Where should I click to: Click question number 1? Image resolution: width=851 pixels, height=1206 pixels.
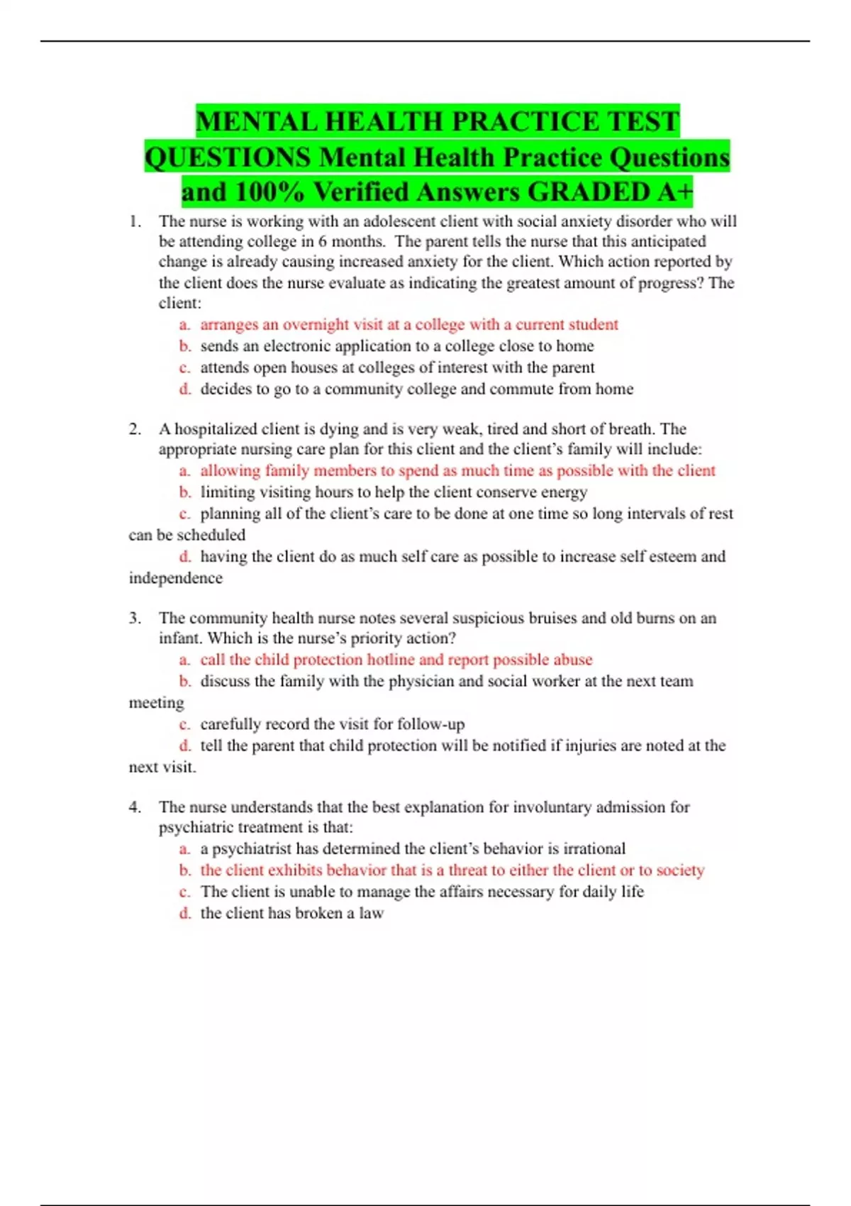click(135, 221)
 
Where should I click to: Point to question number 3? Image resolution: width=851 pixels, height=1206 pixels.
click(135, 618)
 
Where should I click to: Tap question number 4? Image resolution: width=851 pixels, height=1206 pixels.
click(135, 807)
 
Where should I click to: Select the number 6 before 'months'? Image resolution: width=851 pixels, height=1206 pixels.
click(323, 241)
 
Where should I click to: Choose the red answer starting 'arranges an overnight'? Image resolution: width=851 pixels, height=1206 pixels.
click(409, 325)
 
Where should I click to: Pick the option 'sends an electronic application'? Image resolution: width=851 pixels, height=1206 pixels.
click(397, 346)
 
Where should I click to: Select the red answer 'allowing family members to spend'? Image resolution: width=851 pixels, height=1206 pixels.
click(457, 470)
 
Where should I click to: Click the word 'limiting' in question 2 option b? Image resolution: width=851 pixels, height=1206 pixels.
click(225, 492)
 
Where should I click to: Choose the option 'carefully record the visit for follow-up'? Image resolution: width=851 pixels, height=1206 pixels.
click(332, 724)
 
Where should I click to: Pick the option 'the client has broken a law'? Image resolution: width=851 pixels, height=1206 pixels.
click(291, 913)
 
